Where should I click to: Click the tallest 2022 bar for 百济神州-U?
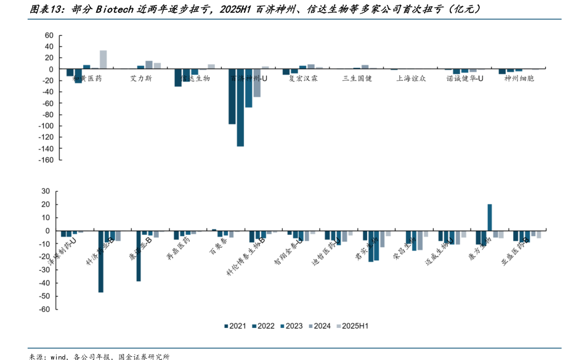[240, 107]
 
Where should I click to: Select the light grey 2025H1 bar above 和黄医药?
[103, 59]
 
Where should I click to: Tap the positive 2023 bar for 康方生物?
[490, 218]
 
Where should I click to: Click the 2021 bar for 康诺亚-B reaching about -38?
[139, 256]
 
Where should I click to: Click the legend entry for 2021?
[235, 326]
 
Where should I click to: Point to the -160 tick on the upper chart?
[46, 160]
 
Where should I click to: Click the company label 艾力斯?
[142, 79]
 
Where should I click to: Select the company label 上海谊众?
[410, 79]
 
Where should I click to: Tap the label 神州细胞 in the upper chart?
[517, 79]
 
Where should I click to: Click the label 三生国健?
[357, 79]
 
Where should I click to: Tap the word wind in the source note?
[59, 356]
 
